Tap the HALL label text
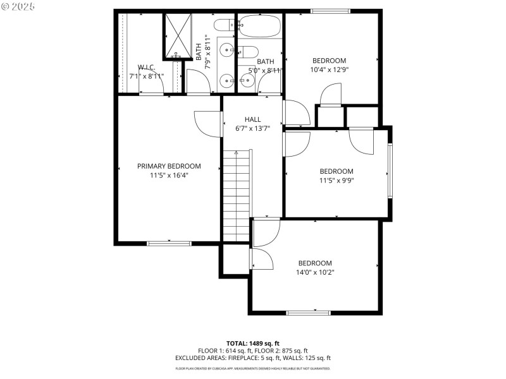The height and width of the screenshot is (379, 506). (252, 119)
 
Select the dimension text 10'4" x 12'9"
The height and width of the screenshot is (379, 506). (328, 70)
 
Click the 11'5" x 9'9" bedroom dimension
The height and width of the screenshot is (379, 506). (336, 180)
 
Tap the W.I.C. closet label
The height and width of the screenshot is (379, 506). (147, 67)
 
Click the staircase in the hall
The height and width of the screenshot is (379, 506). (237, 196)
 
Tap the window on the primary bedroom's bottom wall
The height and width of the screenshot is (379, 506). (169, 243)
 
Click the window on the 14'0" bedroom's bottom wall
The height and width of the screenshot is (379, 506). (309, 312)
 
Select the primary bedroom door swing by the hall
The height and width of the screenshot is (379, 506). (207, 122)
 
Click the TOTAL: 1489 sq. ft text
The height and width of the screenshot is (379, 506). (252, 343)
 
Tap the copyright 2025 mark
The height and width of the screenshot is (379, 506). (18, 6)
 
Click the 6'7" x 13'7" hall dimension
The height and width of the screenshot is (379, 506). (252, 128)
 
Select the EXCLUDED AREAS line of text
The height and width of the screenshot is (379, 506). (252, 358)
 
